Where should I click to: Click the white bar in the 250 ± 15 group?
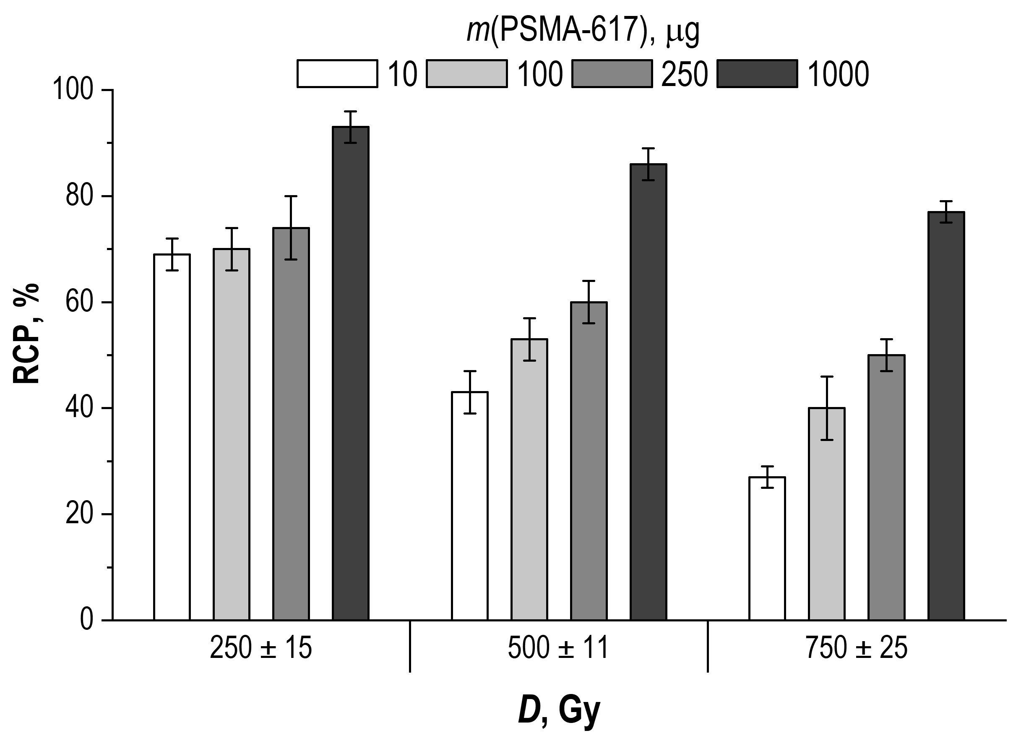(x=172, y=437)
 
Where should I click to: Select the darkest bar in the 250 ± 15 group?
(x=351, y=374)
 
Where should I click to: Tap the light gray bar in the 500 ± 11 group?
(x=529, y=480)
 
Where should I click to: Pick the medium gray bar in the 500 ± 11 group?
(x=589, y=462)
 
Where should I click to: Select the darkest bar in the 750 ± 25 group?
(x=946, y=416)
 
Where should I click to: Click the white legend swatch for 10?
(x=337, y=73)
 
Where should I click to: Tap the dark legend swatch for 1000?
(x=757, y=73)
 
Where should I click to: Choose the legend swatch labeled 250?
(x=612, y=73)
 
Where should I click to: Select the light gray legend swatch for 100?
(x=466, y=73)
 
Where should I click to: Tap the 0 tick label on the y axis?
(x=86, y=620)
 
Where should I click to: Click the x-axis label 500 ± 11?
(x=558, y=649)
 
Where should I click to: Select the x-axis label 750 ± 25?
(x=857, y=649)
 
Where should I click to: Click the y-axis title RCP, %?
(x=26, y=333)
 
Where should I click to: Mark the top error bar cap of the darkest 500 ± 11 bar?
(x=648, y=148)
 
